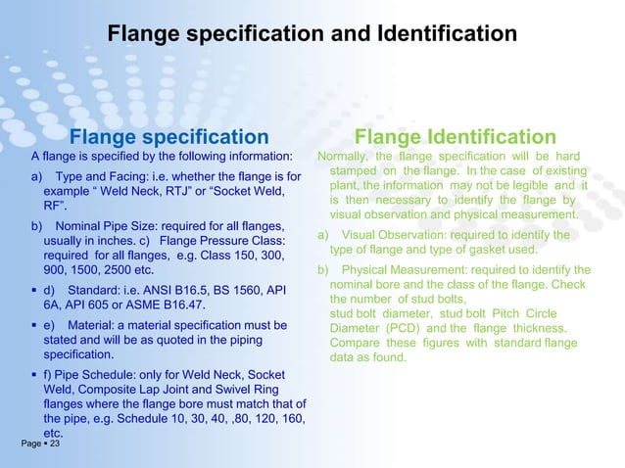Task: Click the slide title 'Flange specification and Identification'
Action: [312, 34]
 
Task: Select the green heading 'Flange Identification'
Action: [456, 137]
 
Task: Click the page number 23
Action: [54, 445]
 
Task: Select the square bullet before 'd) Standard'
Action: [34, 291]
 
